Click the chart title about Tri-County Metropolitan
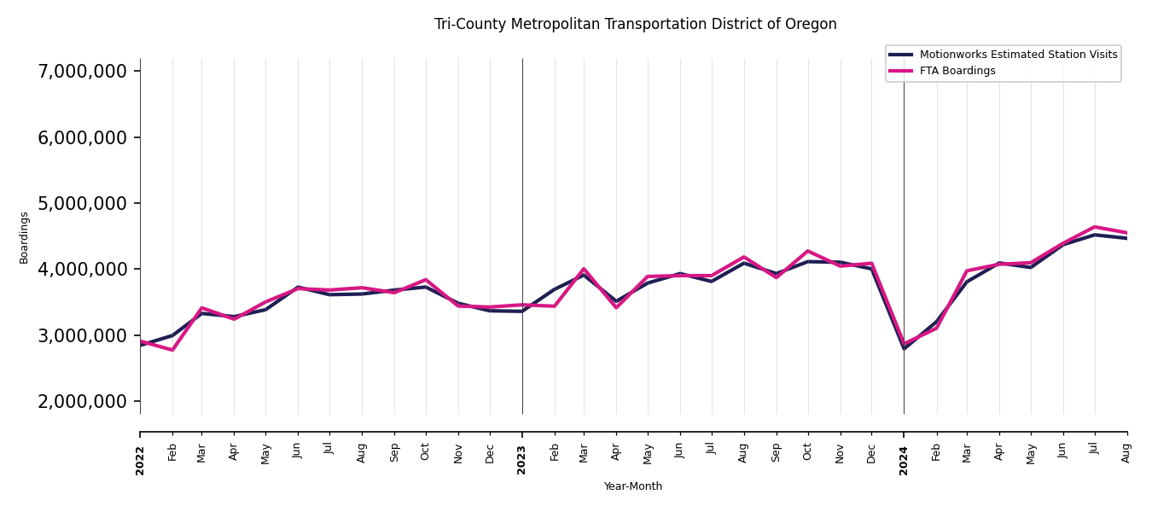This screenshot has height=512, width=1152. pos(635,25)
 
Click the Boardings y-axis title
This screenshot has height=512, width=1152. pos(24,237)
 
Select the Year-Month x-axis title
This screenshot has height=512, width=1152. pos(632,486)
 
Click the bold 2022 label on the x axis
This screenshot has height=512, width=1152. pos(141,461)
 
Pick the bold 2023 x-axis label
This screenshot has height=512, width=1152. pos(522,461)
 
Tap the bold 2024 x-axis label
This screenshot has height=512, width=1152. pos(904,461)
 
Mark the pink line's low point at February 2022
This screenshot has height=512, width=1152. pos(172,350)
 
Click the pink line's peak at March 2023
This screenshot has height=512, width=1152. pos(584,269)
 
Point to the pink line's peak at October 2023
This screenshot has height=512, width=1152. pos(807,251)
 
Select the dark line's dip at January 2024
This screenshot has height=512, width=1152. pos(904,348)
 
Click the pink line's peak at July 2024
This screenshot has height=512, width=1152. pos(1095,227)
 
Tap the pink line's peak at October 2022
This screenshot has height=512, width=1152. pos(426,280)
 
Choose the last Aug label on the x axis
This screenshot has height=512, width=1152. pos(1127,452)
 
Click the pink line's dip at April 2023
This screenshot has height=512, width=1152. pos(616,307)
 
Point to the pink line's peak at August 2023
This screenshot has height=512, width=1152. pos(743,257)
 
